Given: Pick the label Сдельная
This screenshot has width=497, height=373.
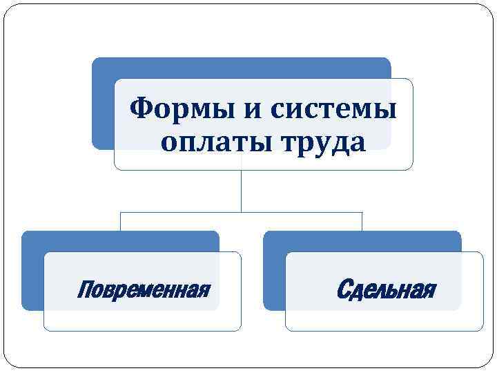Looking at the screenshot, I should coord(385,289).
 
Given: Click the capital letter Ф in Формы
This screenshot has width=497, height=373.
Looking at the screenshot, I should coord(141,108).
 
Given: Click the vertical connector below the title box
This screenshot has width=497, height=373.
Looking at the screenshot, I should coord(241,190).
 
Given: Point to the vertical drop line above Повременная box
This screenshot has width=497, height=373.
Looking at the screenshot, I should coord(121,221).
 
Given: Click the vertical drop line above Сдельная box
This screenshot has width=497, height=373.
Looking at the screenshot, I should coord(362,221).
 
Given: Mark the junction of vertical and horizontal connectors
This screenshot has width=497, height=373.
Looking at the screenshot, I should coord(241,212).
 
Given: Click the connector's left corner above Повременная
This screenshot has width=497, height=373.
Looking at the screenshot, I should coord(121,212).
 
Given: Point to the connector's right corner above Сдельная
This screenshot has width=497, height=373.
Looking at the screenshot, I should coord(362,212).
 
